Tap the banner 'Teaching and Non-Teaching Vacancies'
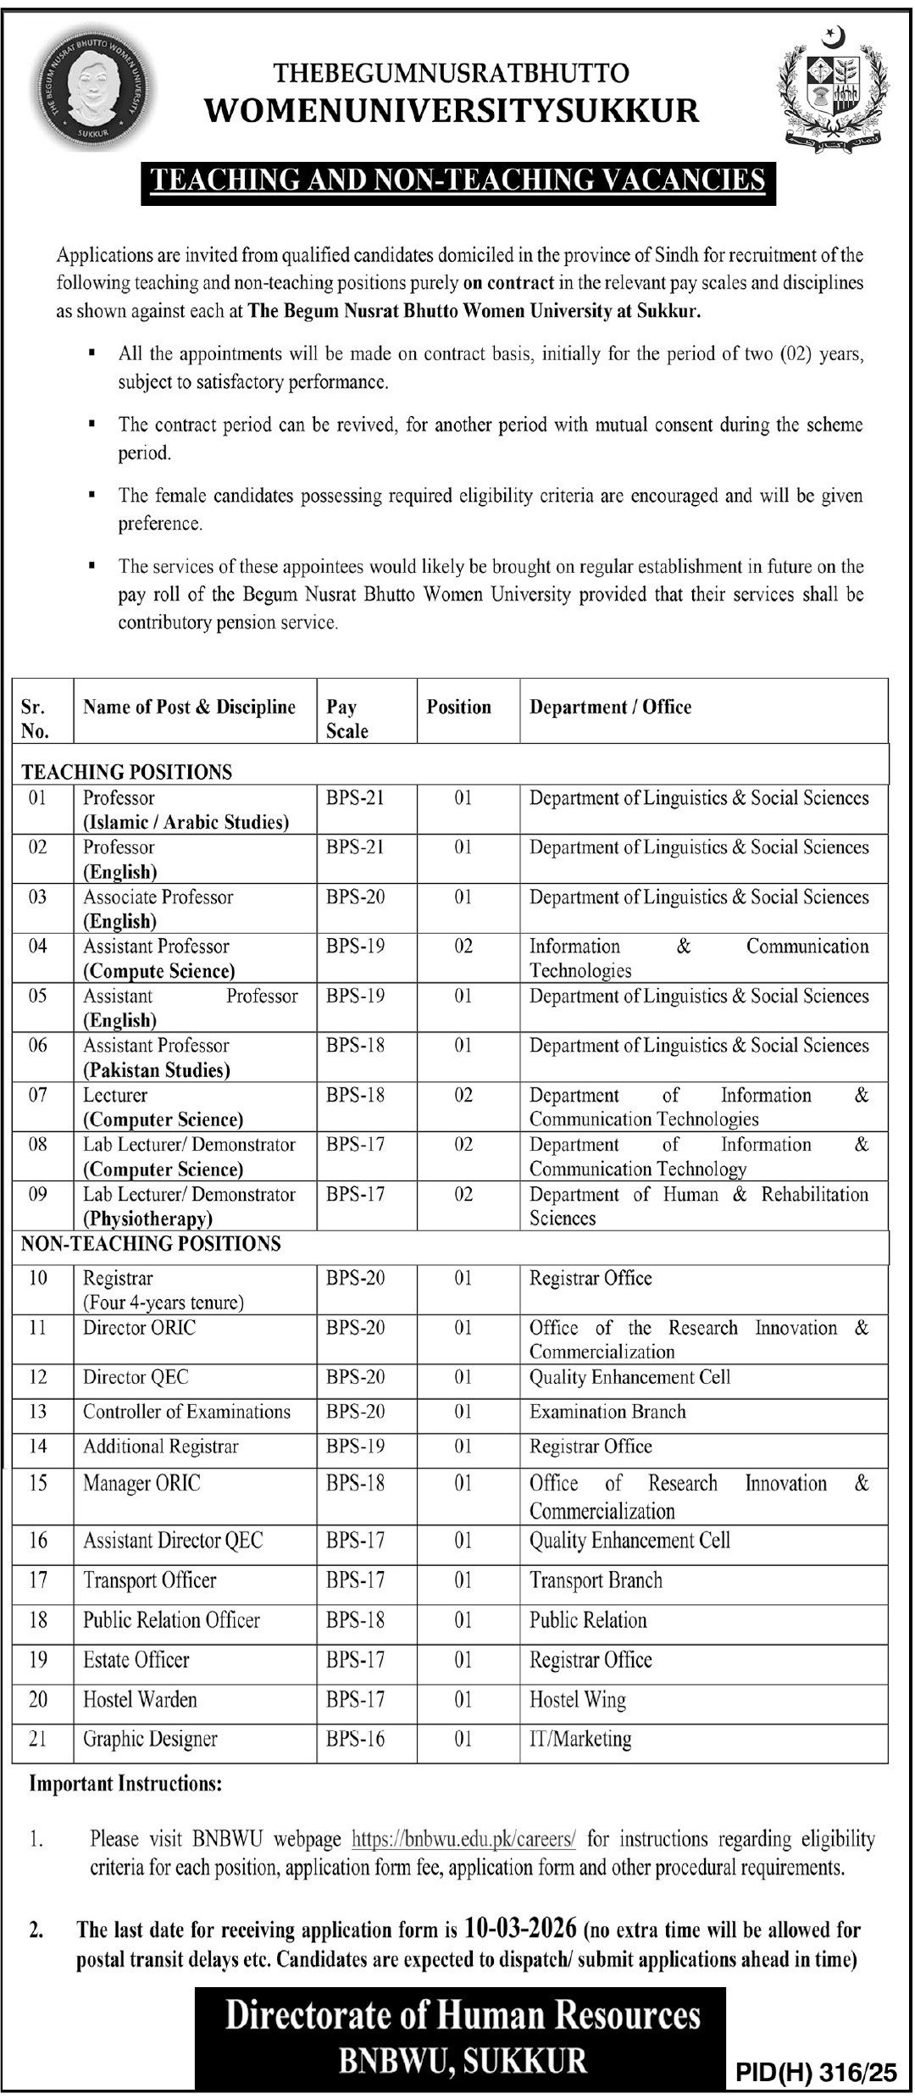pyautogui.click(x=457, y=180)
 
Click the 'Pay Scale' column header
pyautogui.click(x=347, y=719)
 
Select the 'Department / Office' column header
pyautogui.click(x=610, y=707)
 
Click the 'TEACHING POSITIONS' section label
pyautogui.click(x=126, y=771)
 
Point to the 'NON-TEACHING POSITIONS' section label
pyautogui.click(x=151, y=1243)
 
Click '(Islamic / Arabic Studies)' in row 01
pyautogui.click(x=186, y=821)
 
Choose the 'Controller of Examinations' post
pyautogui.click(x=186, y=1411)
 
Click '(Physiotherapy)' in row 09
pyautogui.click(x=147, y=1219)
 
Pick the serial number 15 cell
pyautogui.click(x=38, y=1483)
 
